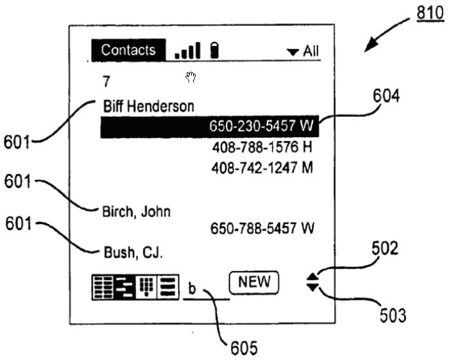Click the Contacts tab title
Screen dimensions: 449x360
tap(128, 50)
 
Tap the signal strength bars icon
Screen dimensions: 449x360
tap(187, 50)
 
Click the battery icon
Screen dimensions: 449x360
tap(215, 50)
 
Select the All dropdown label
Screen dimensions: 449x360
tap(311, 51)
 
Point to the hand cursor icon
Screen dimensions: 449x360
tap(191, 77)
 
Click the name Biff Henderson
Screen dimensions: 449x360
tap(149, 106)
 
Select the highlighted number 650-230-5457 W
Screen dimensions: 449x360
tap(262, 126)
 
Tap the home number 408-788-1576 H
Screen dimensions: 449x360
tap(262, 147)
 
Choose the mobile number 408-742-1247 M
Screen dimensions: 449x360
tap(262, 168)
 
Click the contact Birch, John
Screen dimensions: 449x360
tap(137, 212)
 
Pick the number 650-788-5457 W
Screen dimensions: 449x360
tap(262, 229)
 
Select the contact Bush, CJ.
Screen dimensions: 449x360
tap(133, 253)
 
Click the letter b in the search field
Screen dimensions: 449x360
tap(192, 288)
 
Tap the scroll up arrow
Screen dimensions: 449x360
tap(312, 277)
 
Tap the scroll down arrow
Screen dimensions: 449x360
tap(312, 288)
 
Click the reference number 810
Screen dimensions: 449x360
tap(430, 13)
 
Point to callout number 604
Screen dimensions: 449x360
tap(386, 96)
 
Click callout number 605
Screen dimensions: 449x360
tap(244, 349)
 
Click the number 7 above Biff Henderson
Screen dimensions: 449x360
tap(106, 81)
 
